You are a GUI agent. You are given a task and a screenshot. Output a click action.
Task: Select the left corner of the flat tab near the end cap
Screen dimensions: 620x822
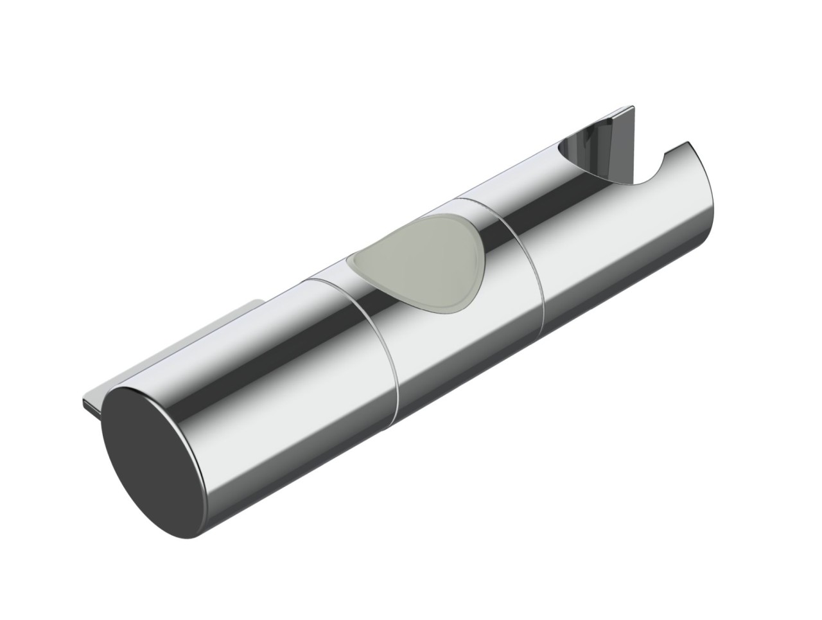[x=84, y=402]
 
